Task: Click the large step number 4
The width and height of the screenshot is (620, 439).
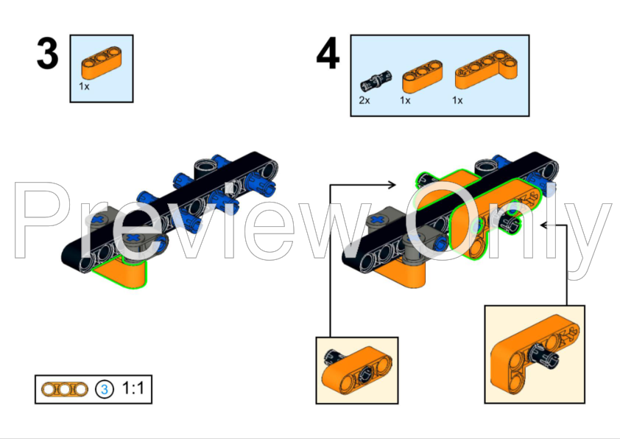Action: [x=328, y=55]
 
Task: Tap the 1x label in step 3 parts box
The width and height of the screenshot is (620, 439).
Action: [x=85, y=86]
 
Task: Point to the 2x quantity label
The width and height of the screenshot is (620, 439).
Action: [x=364, y=100]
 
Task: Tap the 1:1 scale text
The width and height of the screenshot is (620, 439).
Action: [x=133, y=387]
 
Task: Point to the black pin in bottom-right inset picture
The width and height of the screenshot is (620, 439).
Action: [x=547, y=359]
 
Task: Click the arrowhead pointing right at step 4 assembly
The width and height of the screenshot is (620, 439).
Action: [x=398, y=186]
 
